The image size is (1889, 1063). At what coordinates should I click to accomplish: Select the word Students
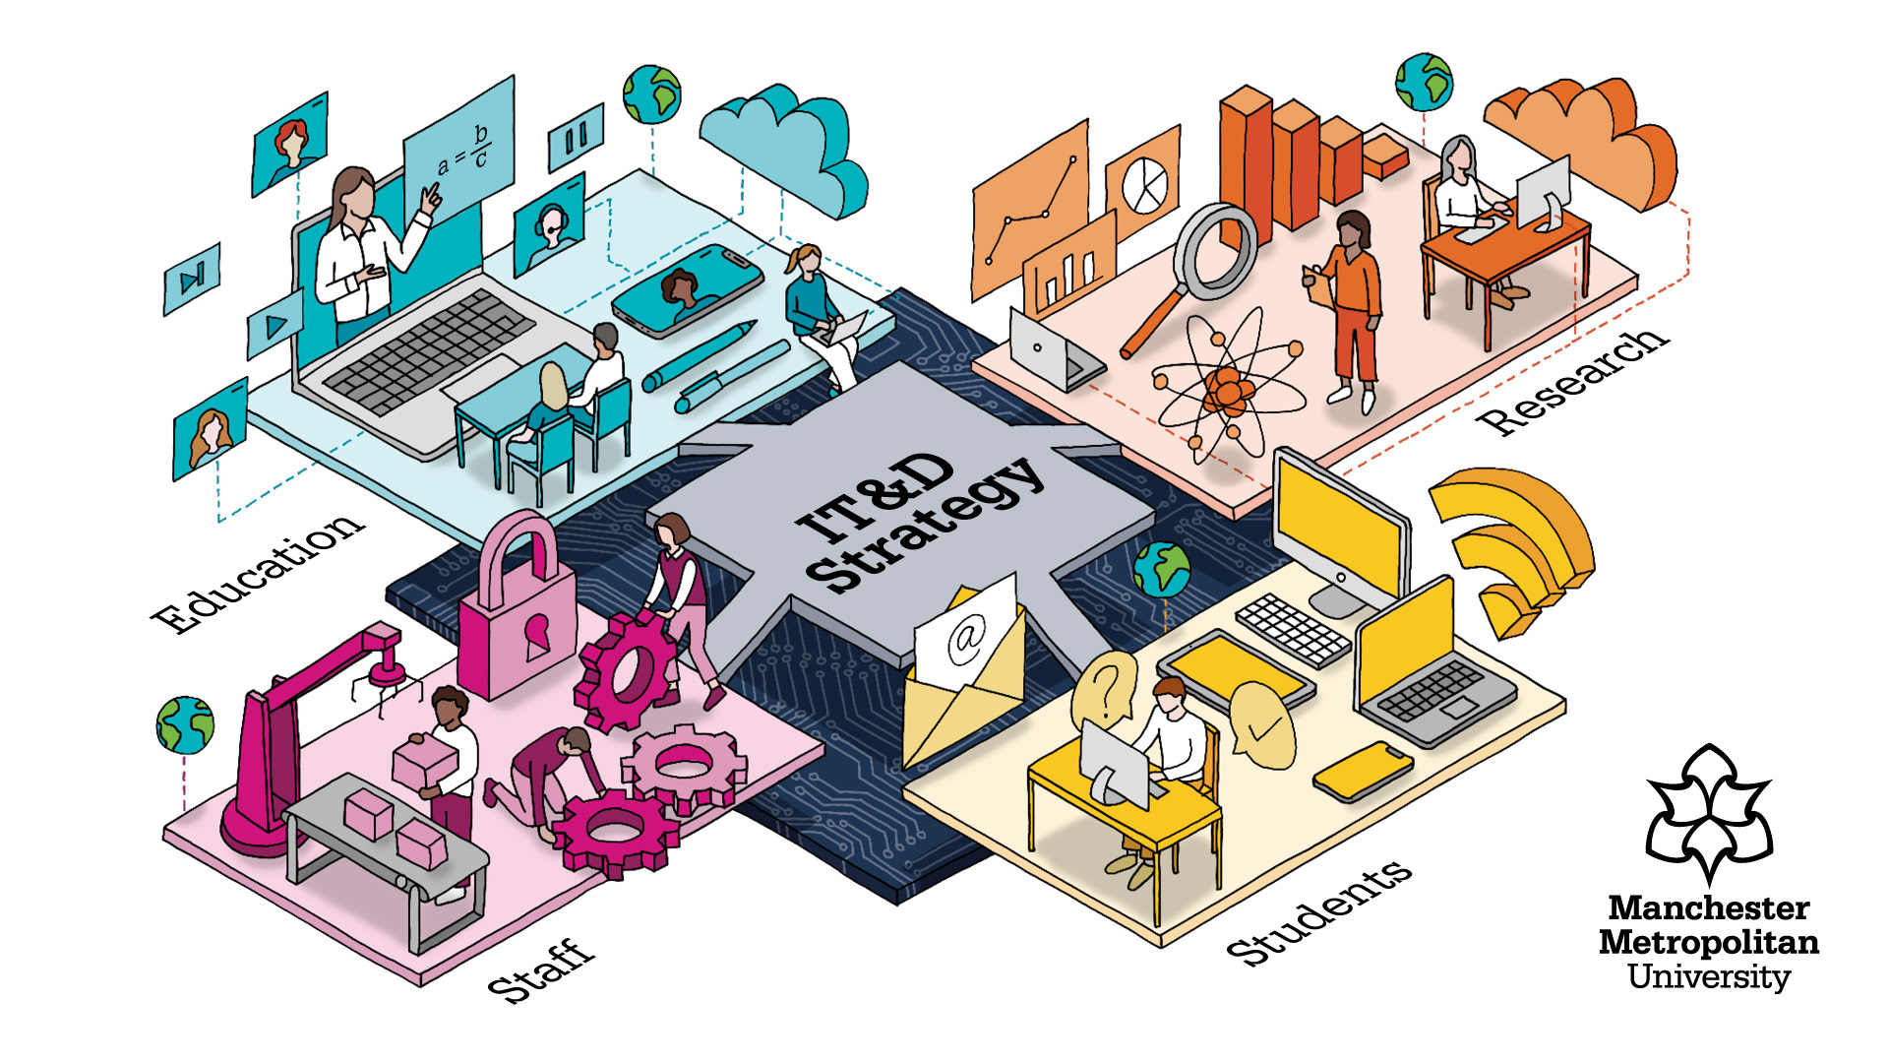1318,912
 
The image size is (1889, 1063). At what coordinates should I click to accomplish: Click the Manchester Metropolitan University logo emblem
1709,812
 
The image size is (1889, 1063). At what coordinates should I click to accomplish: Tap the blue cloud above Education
787,148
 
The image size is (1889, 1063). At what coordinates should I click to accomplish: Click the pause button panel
576,138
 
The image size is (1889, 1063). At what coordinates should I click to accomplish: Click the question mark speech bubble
1107,689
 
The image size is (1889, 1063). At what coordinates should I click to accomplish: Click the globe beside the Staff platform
185,724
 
